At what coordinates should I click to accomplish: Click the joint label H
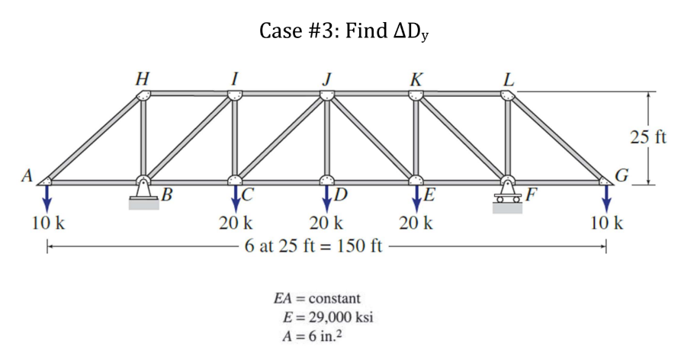(142, 77)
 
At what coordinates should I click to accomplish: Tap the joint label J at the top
(327, 77)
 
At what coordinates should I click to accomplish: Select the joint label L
(509, 77)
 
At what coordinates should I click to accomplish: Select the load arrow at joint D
(326, 197)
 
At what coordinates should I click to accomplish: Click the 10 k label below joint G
(607, 224)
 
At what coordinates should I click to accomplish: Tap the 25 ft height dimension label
(648, 138)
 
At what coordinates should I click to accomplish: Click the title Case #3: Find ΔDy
(349, 32)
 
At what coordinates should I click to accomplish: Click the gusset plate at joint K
(416, 95)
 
